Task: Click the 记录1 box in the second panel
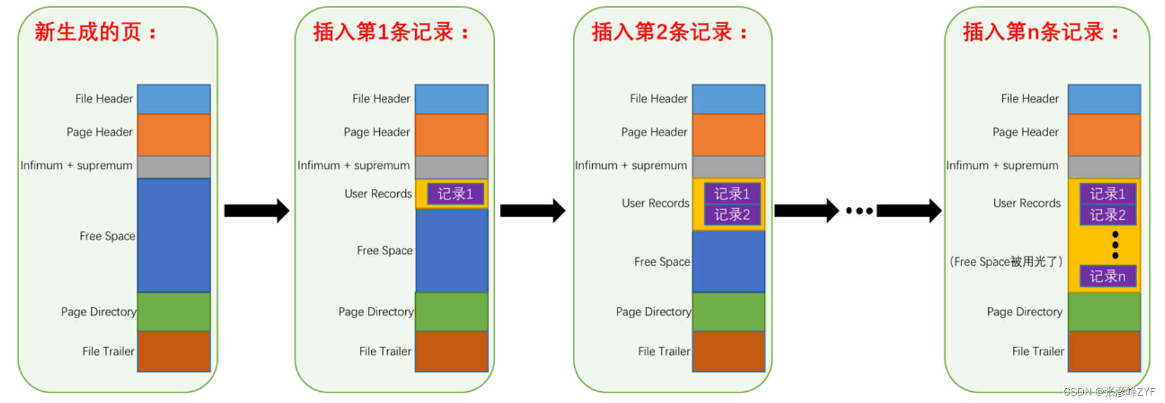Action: point(455,194)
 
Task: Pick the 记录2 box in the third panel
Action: point(732,215)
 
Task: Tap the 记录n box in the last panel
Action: point(1107,276)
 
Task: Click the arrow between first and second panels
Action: point(256,210)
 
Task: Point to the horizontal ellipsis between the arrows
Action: point(859,211)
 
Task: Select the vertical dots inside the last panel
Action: point(1115,245)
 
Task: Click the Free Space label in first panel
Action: point(107,236)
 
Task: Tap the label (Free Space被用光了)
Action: point(1006,262)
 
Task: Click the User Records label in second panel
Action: point(378,194)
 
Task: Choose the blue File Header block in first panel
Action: point(174,99)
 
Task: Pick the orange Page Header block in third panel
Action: point(728,134)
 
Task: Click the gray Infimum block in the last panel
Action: point(1104,167)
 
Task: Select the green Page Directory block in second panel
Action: point(452,311)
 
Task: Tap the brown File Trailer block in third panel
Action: point(728,351)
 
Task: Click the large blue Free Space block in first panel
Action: point(174,235)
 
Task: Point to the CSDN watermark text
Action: point(1109,392)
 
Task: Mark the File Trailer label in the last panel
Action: point(1038,351)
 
